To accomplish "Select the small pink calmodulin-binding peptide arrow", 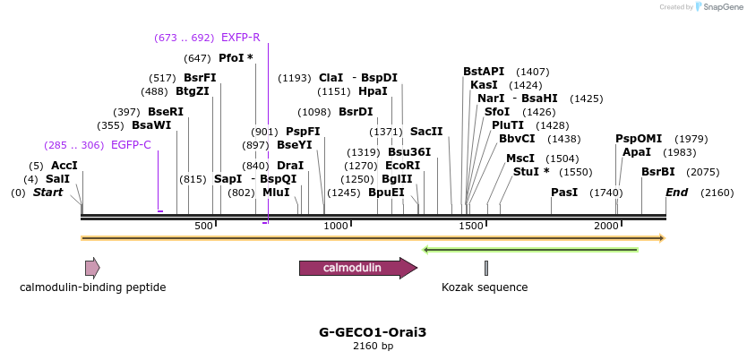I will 92,268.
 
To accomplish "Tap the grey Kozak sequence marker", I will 486,268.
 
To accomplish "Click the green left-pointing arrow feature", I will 530,249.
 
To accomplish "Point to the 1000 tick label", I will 337,226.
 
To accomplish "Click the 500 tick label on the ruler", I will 203,226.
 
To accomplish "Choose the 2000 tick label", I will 606,226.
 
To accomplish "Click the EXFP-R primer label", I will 241,38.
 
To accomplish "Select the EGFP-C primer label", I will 131,145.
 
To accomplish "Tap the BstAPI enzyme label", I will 484,72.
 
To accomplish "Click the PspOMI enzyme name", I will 639,139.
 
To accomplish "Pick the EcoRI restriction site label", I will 402,166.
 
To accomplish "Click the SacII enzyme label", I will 426,132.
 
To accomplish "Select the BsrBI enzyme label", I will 658,172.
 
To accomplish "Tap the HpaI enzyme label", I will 373,91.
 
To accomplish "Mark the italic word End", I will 677,193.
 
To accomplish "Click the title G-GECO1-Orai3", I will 373,332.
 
